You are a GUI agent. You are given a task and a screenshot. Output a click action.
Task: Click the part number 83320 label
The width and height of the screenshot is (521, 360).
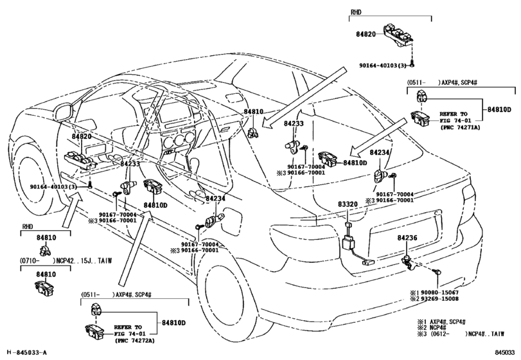pyautogui.click(x=348, y=204)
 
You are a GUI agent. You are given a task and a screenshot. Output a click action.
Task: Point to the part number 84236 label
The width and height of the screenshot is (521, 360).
pyautogui.click(x=407, y=239)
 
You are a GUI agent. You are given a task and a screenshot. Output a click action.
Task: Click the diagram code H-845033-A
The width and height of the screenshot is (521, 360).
pyautogui.click(x=26, y=352)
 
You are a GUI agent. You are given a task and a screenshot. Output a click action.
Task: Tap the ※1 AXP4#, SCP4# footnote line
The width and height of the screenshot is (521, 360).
pyautogui.click(x=447, y=319)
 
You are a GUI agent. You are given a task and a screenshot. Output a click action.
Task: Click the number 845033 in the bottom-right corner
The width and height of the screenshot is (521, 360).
pyautogui.click(x=505, y=352)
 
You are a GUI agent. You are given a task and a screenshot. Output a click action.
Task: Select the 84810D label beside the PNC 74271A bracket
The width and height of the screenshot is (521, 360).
pyautogui.click(x=500, y=110)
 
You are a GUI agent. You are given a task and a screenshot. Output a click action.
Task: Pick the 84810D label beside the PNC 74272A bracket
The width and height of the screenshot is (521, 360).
pyautogui.click(x=173, y=323)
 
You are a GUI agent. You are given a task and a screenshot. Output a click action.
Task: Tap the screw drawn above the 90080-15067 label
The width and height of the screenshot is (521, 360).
pyautogui.click(x=436, y=273)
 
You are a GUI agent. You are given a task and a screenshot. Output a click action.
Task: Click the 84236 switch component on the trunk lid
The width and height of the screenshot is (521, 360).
pyautogui.click(x=407, y=260)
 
